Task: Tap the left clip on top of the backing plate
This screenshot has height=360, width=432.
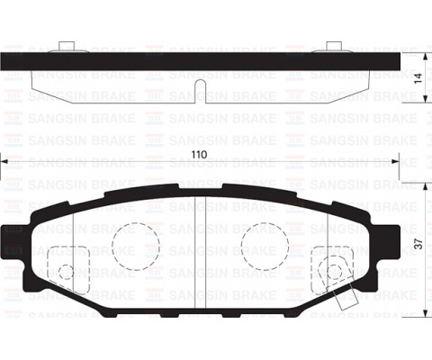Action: point(63,48)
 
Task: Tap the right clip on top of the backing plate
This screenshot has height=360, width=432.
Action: point(333,48)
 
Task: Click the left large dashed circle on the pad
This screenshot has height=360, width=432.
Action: point(135,245)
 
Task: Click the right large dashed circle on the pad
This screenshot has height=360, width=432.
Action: point(265,245)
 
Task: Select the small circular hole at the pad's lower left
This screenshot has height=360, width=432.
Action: point(65,272)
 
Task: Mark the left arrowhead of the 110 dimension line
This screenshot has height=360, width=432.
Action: point(4,163)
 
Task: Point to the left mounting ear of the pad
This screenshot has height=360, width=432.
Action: point(15,236)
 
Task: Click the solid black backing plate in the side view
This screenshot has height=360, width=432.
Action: point(200,60)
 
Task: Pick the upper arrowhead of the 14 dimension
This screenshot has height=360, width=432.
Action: point(418,56)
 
